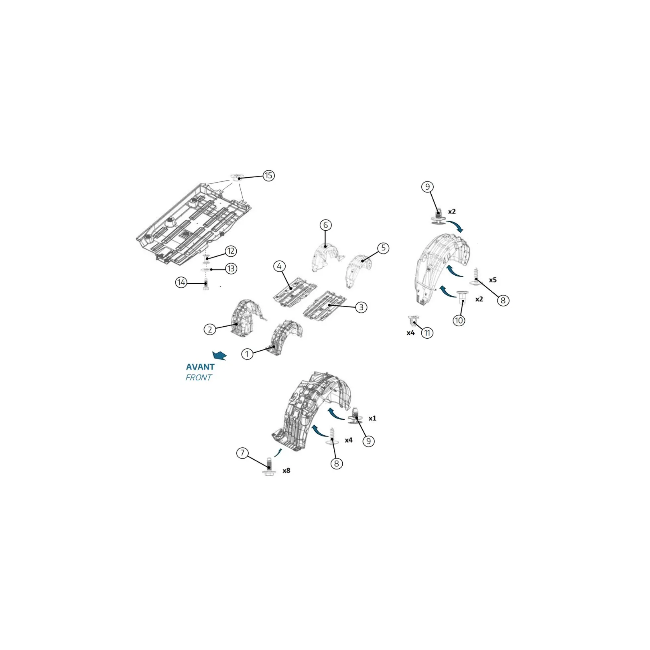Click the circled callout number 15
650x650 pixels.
[268, 175]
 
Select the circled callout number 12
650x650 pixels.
[231, 251]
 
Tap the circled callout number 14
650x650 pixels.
[181, 282]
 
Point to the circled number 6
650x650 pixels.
[325, 225]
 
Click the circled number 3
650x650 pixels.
[361, 307]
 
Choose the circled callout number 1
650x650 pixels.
[247, 354]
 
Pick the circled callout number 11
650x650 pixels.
[427, 333]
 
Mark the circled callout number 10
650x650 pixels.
[459, 320]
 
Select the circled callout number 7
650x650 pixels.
[242, 453]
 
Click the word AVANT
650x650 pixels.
[200, 367]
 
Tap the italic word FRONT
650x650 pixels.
[199, 378]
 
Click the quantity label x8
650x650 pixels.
[286, 470]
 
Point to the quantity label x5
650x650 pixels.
[493, 280]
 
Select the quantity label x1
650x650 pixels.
[372, 418]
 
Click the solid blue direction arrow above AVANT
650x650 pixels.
[219, 355]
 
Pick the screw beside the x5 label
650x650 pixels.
[476, 277]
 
